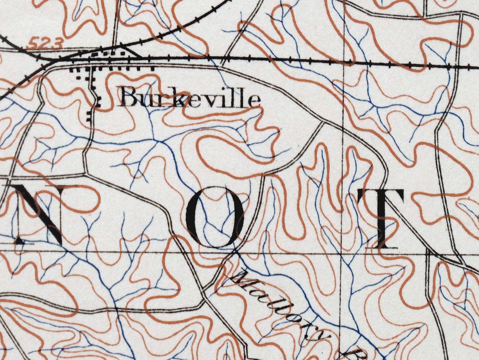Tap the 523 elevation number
click(45, 45)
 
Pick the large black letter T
click(381, 219)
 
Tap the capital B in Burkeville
click(129, 98)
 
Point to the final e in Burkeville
click(255, 100)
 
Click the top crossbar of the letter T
click(381, 195)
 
